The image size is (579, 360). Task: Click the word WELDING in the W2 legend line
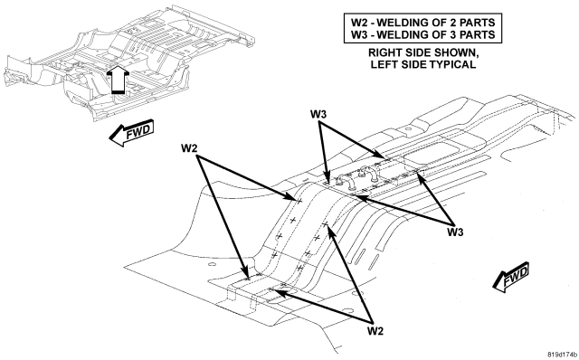coord(401,23)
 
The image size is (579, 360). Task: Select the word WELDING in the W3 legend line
coord(401,34)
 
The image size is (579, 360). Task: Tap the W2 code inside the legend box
coord(358,23)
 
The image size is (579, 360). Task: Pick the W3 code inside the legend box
coord(358,34)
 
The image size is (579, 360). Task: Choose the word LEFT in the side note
coord(383,64)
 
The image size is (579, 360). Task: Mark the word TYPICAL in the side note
coord(452,64)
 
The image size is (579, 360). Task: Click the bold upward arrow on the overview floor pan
coord(118,80)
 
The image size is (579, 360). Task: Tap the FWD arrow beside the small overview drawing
coord(131,132)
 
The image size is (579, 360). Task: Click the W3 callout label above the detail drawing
coord(318,115)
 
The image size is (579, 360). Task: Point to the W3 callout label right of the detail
coord(455,232)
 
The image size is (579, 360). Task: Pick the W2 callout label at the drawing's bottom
coord(375,331)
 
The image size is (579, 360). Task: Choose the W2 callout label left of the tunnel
coord(189,148)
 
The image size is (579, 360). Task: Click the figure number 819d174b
coord(562,354)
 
